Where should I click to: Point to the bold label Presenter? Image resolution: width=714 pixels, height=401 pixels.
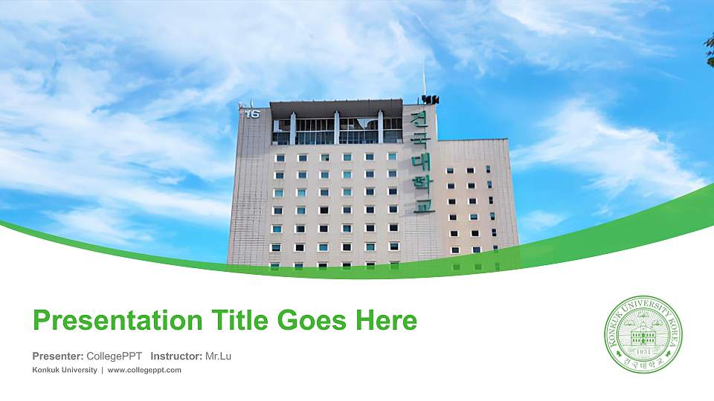[58, 356]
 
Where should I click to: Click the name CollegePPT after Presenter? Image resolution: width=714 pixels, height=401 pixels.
[115, 356]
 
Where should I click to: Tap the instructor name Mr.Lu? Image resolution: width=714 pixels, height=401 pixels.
[218, 356]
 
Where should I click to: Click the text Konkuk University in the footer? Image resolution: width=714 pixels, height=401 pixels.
[65, 370]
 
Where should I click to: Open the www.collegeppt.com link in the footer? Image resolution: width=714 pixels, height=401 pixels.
[144, 370]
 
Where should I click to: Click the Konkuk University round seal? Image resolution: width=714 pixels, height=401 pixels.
[643, 333]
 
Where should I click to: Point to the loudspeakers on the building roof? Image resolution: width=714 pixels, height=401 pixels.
[429, 99]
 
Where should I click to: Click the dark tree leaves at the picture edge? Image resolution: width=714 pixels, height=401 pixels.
[709, 48]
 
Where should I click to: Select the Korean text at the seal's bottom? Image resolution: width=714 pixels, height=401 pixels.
[643, 363]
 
